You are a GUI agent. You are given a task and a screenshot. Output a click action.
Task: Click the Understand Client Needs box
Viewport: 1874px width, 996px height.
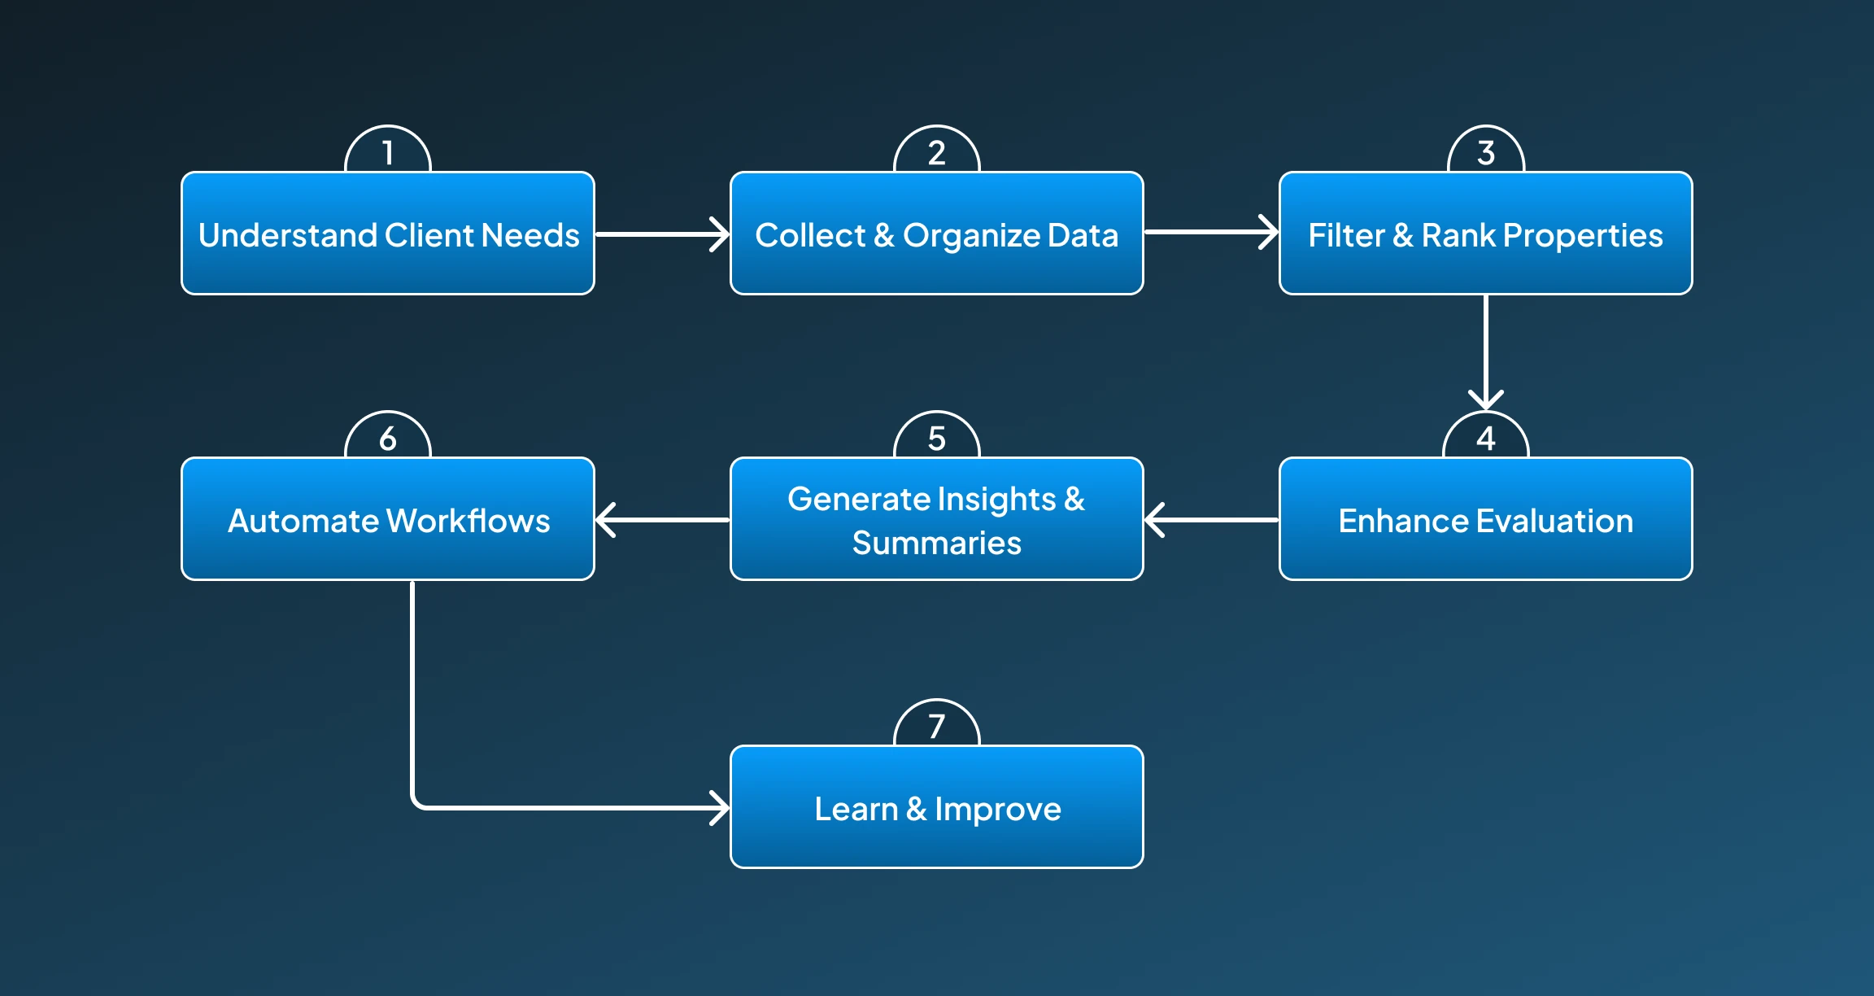tap(388, 234)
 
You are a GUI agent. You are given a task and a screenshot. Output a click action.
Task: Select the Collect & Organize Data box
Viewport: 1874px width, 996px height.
tap(936, 234)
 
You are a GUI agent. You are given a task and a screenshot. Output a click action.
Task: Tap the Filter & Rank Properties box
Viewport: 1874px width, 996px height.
tap(1485, 234)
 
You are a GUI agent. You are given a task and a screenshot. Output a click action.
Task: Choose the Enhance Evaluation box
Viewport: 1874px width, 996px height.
tap(1485, 520)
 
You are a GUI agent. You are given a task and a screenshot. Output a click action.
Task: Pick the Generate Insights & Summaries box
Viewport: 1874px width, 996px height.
tap(936, 520)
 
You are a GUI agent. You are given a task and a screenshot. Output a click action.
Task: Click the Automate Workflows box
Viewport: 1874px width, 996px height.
tap(388, 520)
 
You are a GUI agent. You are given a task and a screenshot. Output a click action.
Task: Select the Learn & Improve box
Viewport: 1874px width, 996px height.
tap(936, 808)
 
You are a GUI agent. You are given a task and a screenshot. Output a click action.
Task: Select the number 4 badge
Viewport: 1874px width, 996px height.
tap(1485, 438)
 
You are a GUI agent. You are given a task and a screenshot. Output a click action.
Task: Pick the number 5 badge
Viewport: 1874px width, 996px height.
tap(936, 438)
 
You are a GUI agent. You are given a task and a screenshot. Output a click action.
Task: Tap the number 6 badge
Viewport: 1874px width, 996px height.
tap(388, 438)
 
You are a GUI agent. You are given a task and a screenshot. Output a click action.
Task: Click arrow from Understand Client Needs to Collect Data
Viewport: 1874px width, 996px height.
tap(662, 234)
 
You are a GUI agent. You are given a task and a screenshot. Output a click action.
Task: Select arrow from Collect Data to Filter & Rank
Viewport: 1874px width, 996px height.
tap(1211, 232)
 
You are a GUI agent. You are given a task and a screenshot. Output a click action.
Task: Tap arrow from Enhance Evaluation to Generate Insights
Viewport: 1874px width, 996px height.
tap(1211, 519)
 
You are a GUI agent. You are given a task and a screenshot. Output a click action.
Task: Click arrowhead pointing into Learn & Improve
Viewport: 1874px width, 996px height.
tap(719, 808)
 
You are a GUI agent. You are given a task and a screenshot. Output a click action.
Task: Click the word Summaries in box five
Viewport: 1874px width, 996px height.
tap(936, 543)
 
